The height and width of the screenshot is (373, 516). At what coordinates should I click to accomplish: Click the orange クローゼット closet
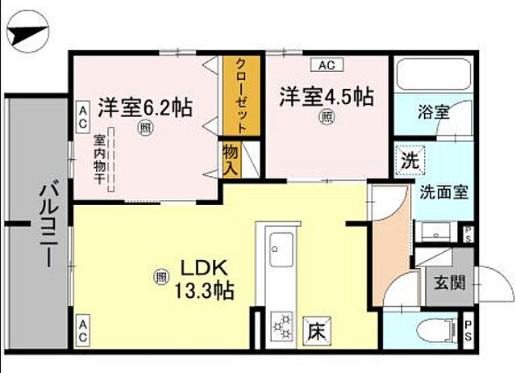241,94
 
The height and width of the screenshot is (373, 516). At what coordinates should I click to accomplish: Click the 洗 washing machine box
410,160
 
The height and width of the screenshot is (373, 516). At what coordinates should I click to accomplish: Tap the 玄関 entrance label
448,284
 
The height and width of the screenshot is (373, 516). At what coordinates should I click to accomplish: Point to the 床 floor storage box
315,330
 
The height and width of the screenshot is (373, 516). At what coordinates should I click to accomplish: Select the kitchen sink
281,244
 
